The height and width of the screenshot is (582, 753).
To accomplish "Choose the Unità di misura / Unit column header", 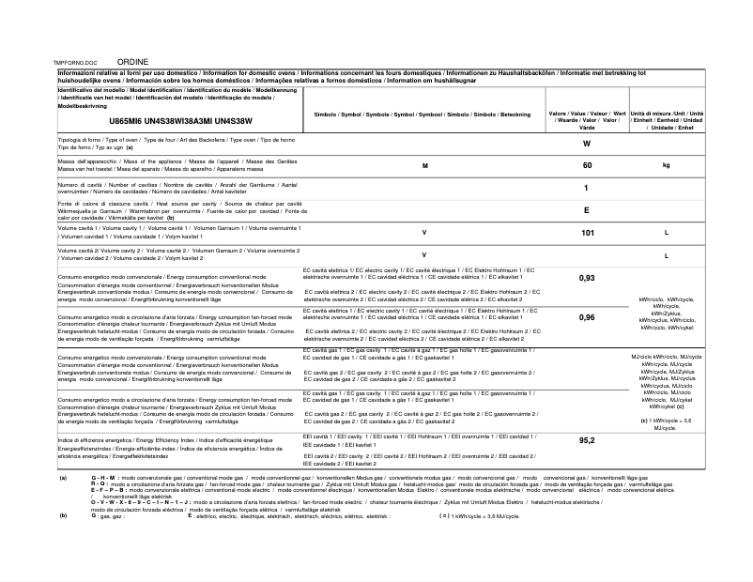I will tap(667, 120).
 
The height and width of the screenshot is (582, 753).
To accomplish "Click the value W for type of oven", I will tap(586, 144).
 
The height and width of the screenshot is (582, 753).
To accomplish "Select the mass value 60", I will tap(587, 165).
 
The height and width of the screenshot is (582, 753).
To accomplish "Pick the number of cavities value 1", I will tap(586, 188).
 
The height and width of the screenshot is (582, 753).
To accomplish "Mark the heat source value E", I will tap(586, 210).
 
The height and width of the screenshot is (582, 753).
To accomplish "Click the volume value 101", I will tap(587, 232).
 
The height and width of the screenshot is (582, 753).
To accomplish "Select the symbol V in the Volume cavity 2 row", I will tap(424, 254).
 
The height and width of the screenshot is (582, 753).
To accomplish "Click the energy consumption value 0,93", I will tap(587, 278).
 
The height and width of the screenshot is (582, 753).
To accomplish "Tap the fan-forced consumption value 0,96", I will tap(587, 317).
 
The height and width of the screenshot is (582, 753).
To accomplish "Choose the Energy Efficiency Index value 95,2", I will tap(587, 440).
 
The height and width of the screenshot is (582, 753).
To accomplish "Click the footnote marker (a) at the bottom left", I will tap(63, 478).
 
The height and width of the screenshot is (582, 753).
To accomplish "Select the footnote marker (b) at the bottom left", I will tap(63, 515).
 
